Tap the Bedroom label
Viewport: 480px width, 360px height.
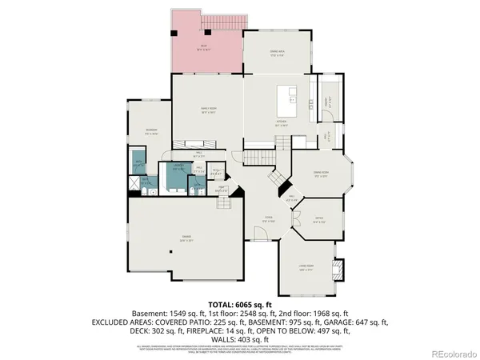[150, 131]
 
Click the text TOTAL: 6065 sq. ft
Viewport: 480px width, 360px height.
[240, 305]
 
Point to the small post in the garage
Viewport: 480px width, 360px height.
[170, 251]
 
